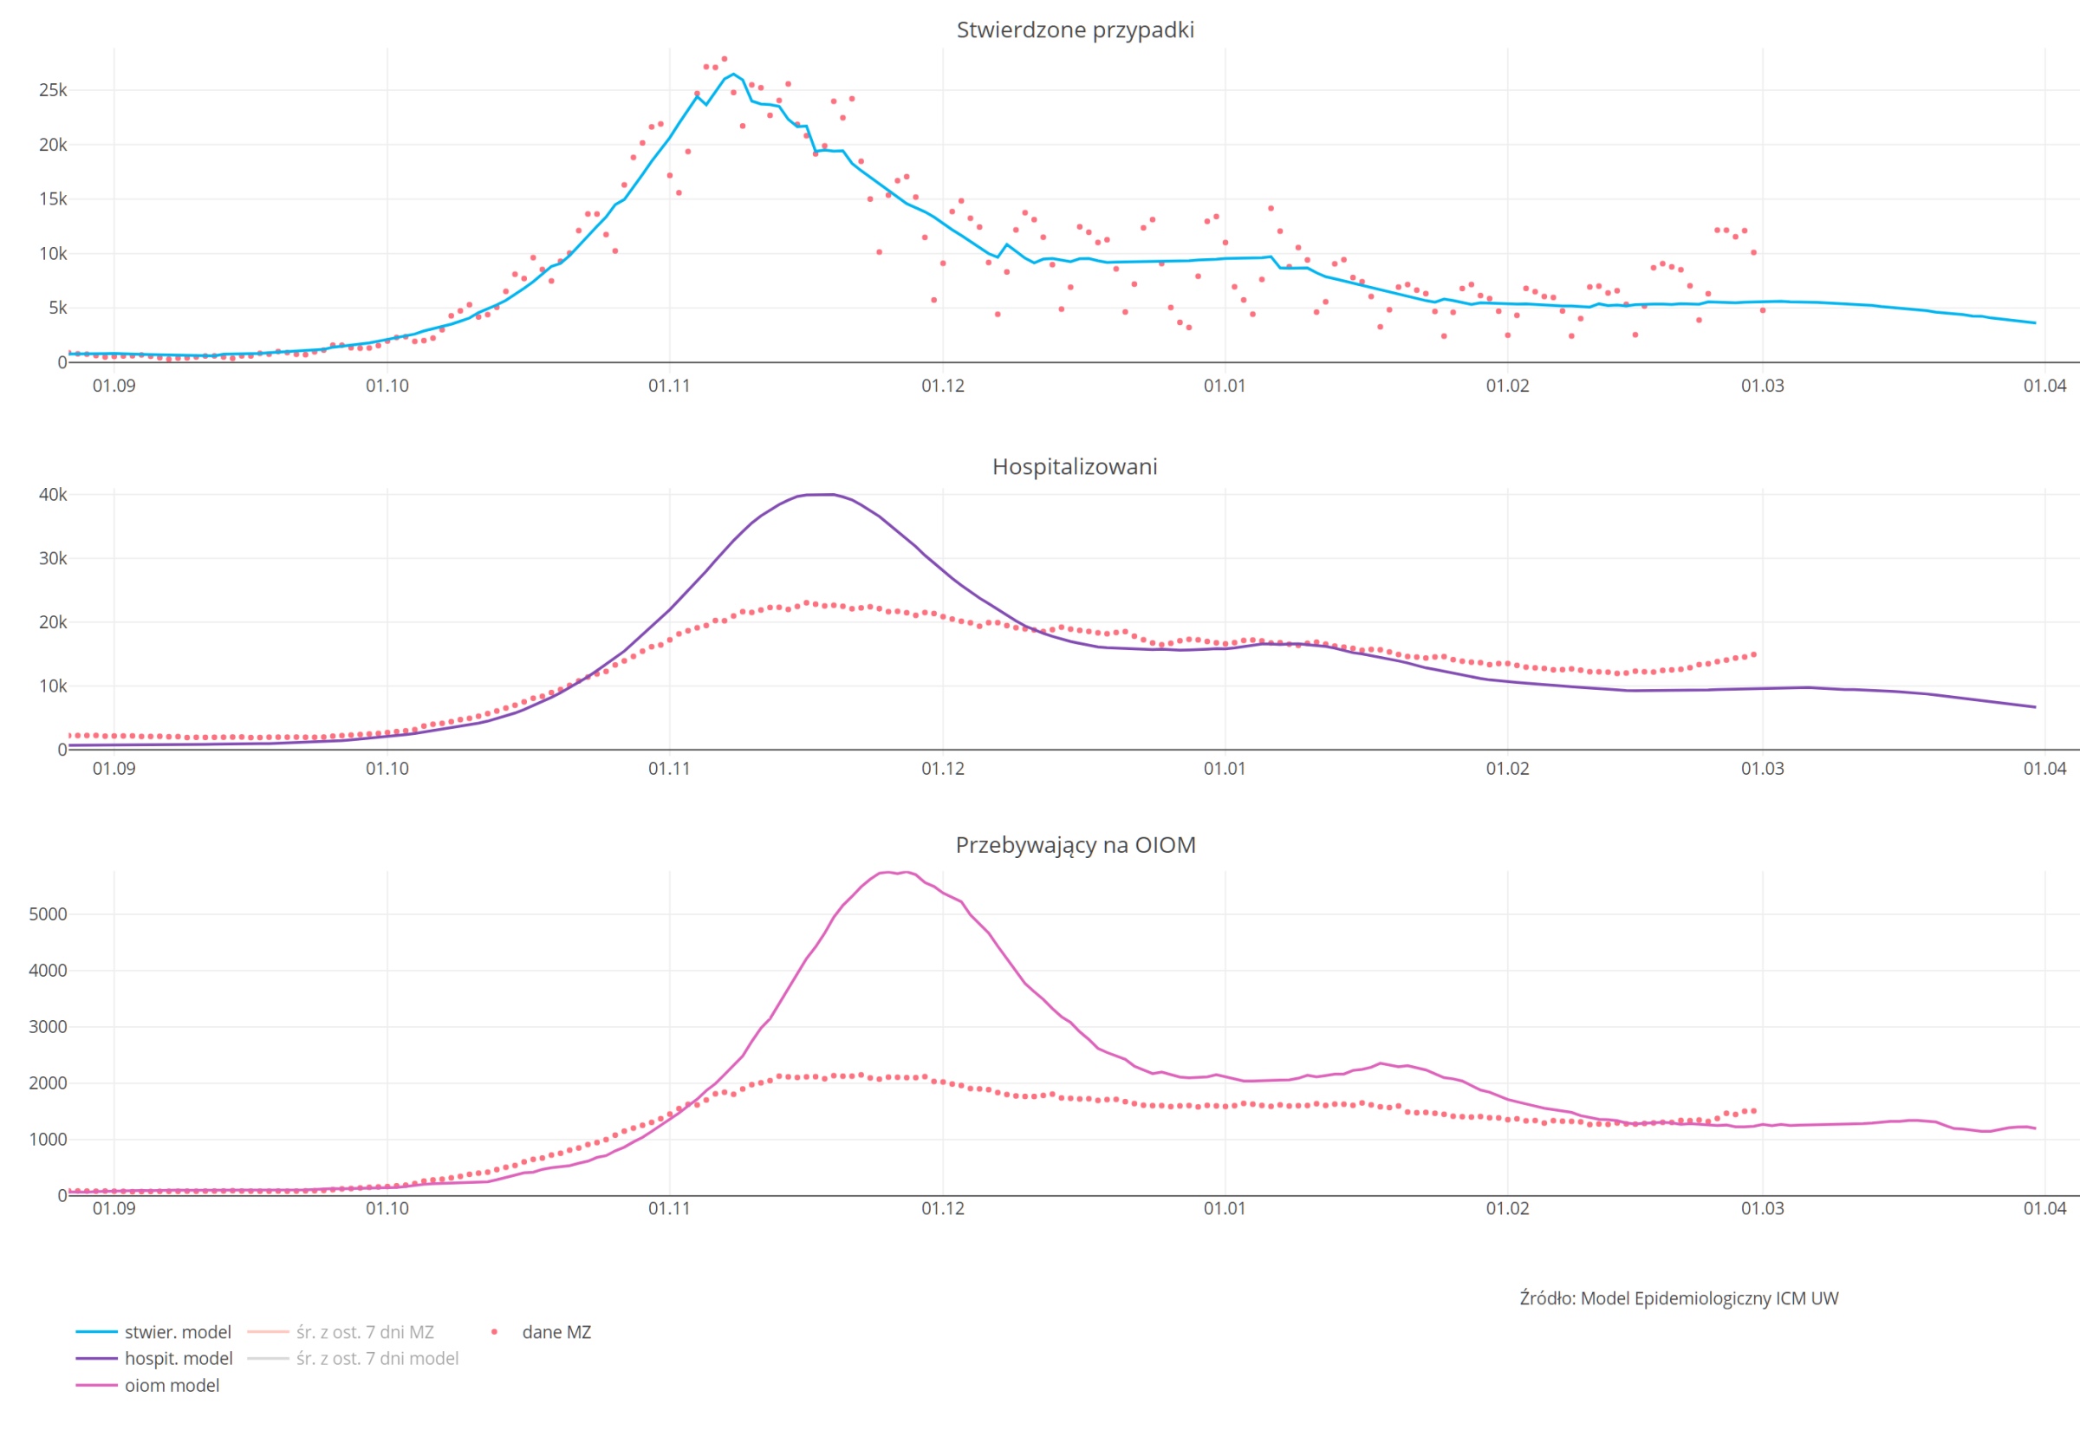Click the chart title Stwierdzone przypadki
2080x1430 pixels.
[x=1074, y=29]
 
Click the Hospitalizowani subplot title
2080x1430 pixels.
[x=1074, y=466]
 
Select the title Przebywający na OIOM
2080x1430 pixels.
[x=1075, y=844]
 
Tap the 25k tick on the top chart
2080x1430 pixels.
[x=53, y=89]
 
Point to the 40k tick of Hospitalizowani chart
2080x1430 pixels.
[x=53, y=495]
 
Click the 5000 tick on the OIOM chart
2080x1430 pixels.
[x=49, y=914]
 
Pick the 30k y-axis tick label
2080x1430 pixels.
[x=53, y=558]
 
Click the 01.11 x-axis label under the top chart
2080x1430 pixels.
[x=669, y=386]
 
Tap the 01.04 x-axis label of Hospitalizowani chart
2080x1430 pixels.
[x=2044, y=768]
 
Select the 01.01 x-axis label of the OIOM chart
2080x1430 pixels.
[x=1225, y=1208]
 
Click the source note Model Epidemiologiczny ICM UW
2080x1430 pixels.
[x=1678, y=1297]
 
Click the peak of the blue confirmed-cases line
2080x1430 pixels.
[x=732, y=75]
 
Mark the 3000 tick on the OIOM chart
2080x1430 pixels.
[x=49, y=1027]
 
